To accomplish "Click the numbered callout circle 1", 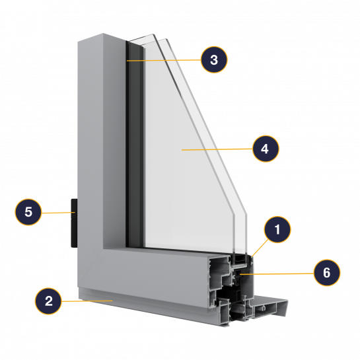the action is [277, 229].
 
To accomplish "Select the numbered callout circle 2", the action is [48, 301].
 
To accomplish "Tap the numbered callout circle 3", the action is [214, 59].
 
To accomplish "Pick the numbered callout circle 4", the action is [266, 149].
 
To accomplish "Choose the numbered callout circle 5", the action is [28, 212].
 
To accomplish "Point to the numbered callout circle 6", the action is [327, 273].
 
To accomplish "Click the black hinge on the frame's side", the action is [74, 223].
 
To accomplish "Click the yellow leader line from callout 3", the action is [164, 60].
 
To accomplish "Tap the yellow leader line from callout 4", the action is [217, 149].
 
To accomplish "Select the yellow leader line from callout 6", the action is [276, 273].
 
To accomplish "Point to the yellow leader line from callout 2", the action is [87, 301].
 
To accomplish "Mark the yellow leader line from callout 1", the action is [260, 248].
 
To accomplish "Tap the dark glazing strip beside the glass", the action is [135, 145].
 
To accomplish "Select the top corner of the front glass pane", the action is [153, 34].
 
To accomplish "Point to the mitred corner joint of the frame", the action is [90, 268].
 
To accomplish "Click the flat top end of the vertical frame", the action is [102, 38].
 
